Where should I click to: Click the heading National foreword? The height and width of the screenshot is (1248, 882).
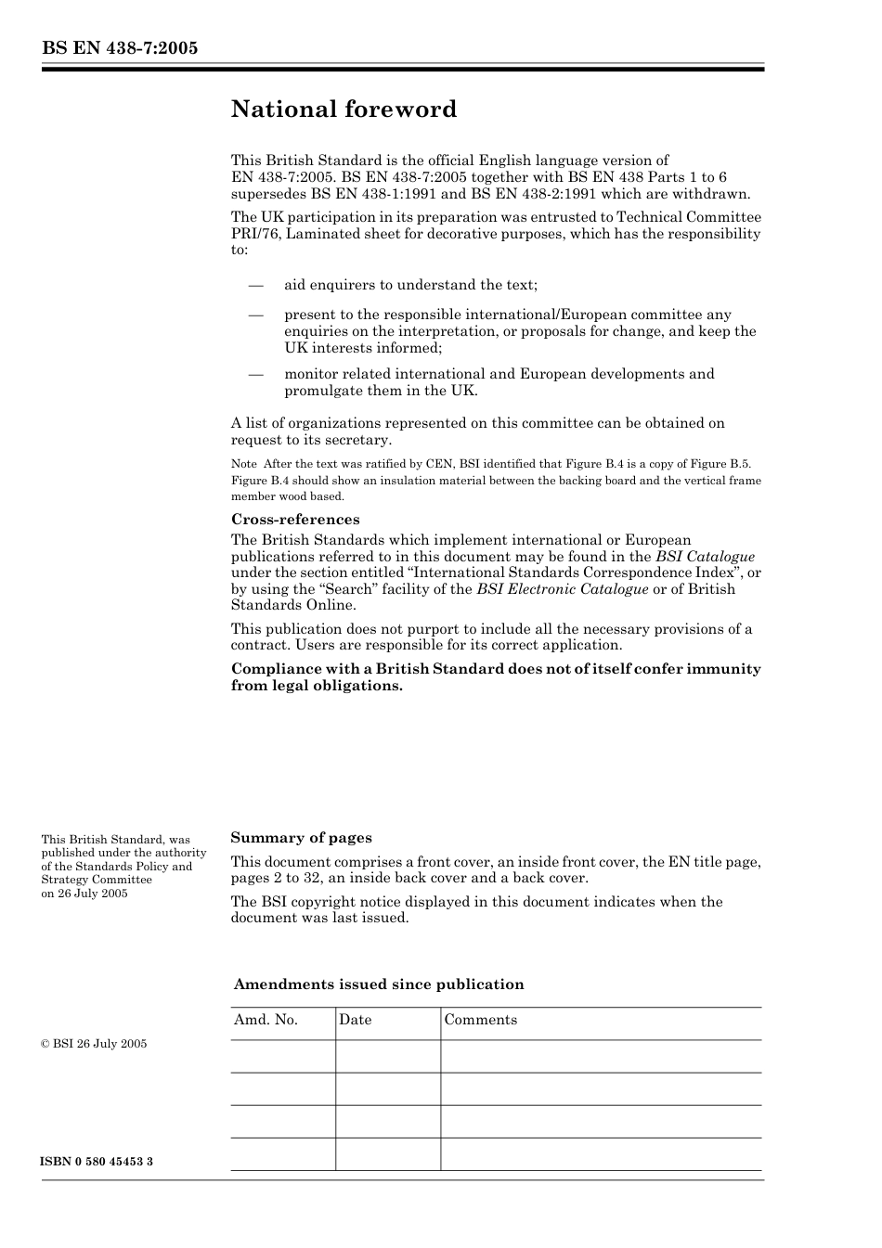[344, 109]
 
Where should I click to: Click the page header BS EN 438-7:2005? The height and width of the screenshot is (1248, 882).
[119, 48]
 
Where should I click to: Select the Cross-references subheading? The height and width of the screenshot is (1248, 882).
[295, 520]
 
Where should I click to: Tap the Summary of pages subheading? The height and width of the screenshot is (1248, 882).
[301, 838]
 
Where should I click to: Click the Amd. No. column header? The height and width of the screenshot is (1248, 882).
[266, 1020]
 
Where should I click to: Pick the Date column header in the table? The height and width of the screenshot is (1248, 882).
[355, 1020]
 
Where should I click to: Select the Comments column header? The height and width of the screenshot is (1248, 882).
[480, 1020]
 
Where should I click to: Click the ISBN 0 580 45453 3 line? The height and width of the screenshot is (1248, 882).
[97, 1162]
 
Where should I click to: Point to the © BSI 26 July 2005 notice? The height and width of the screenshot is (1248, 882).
[94, 1044]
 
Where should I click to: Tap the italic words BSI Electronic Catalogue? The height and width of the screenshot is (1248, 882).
[562, 589]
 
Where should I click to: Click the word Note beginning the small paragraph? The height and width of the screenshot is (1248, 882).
[243, 464]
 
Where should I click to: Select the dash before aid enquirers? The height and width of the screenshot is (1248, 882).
[256, 285]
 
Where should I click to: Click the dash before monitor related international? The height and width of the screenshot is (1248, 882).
[256, 374]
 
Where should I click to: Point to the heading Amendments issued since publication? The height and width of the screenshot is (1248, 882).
[378, 984]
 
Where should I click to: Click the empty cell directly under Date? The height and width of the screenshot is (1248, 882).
[387, 1056]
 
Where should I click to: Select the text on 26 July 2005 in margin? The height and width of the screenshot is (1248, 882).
[84, 894]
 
